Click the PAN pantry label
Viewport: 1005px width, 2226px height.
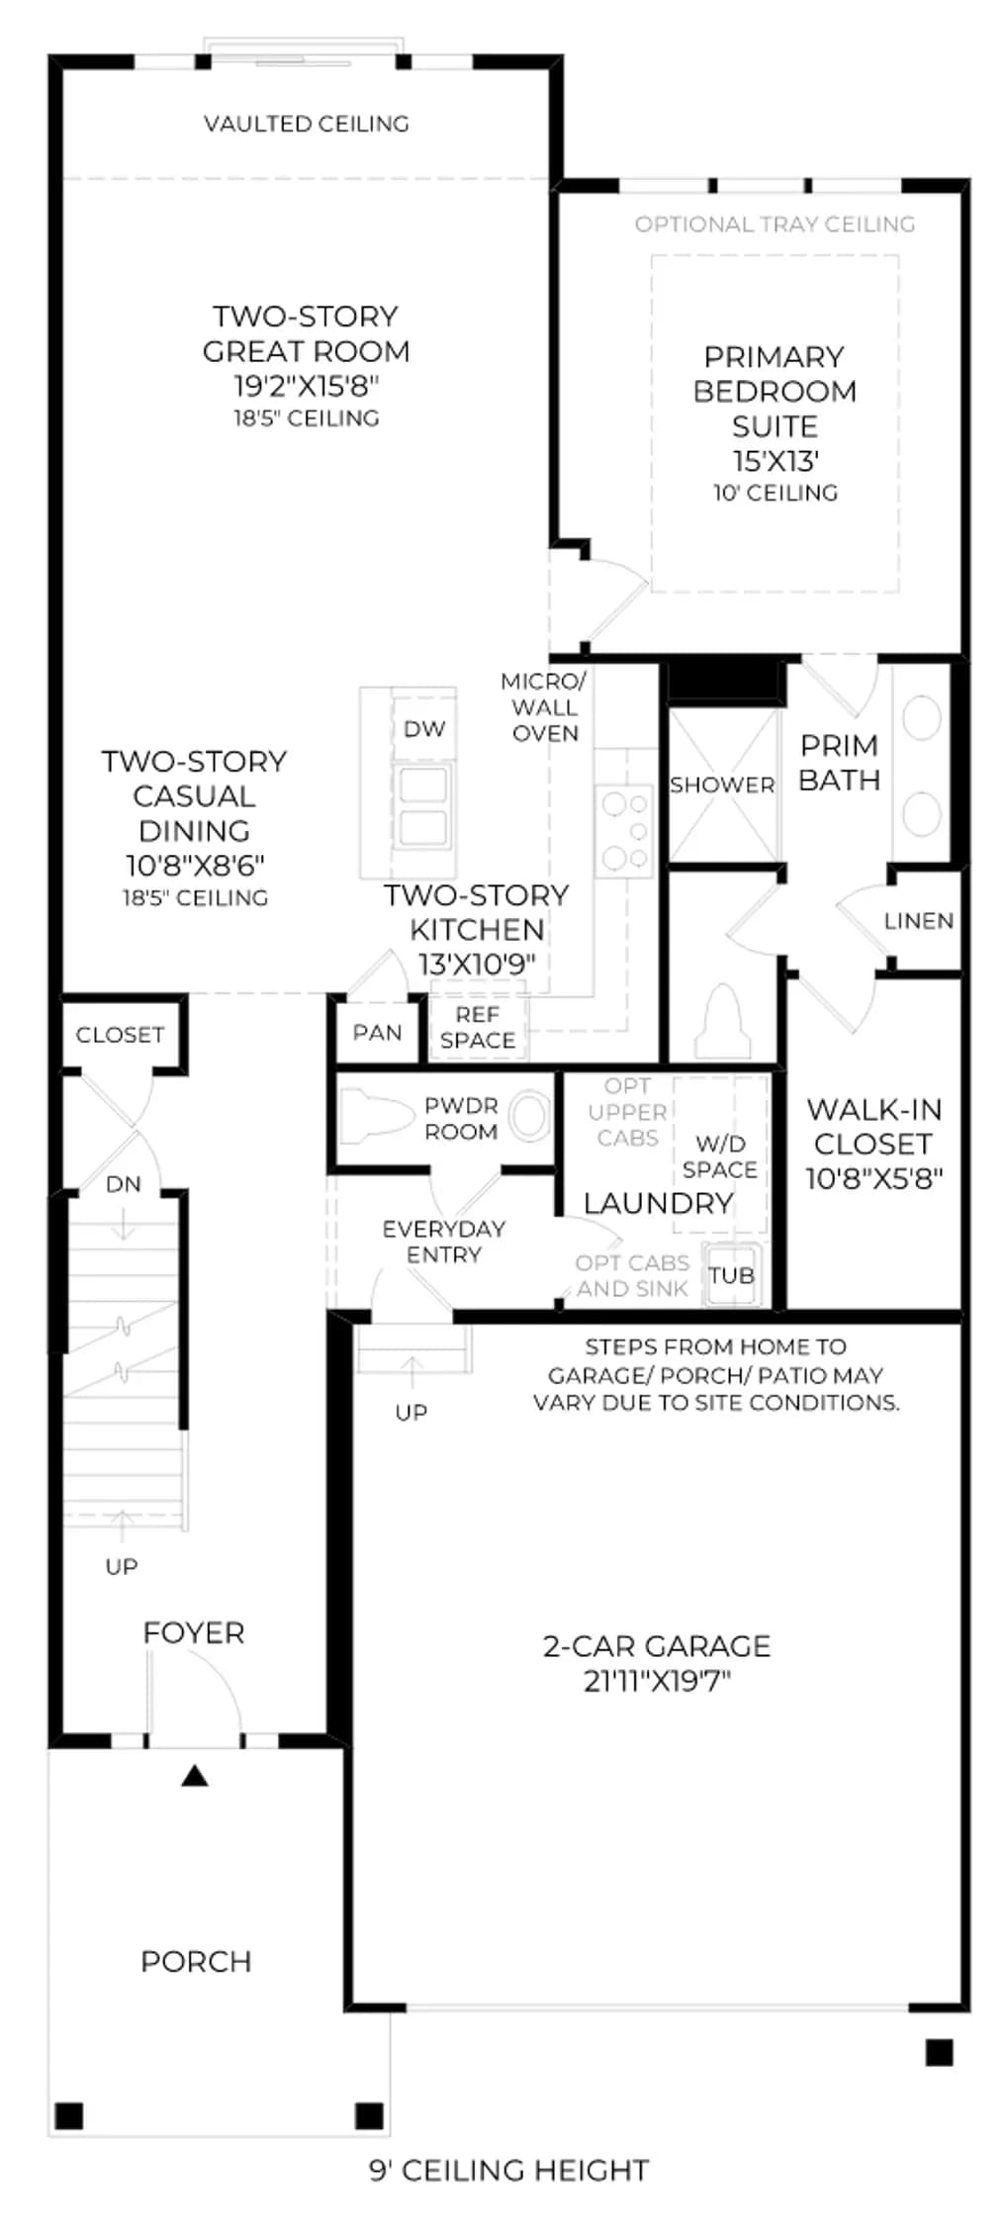point(377,1033)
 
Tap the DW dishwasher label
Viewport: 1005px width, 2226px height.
point(424,729)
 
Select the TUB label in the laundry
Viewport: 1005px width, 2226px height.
point(731,1275)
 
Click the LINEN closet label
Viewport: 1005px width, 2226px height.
point(919,921)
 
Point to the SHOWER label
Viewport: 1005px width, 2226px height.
point(722,786)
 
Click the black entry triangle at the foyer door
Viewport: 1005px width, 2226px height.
point(195,1776)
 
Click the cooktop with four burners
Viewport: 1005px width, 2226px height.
point(624,831)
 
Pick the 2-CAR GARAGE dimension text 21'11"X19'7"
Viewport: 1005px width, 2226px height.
point(657,1681)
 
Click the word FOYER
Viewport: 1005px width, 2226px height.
point(194,1632)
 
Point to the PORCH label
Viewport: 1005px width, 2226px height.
point(196,1961)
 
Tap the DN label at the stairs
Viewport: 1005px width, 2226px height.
point(124,1184)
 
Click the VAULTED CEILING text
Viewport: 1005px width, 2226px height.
point(307,124)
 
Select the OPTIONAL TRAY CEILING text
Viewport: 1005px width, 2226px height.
point(775,225)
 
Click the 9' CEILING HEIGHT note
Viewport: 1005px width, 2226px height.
point(509,2170)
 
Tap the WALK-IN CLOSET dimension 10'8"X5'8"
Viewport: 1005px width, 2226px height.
point(874,1178)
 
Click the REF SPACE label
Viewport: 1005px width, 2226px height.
point(478,1028)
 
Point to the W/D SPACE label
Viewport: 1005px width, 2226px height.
point(720,1157)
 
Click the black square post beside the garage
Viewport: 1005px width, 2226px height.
point(939,2053)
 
